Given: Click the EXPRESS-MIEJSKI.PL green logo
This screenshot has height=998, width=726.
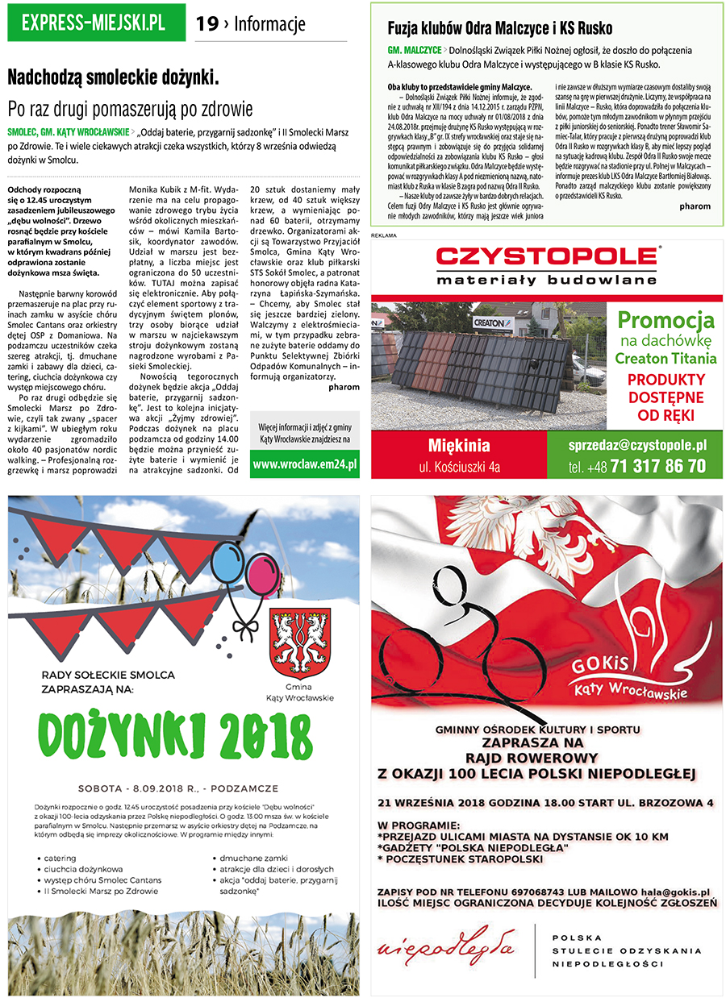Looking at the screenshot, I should pyautogui.click(x=93, y=23).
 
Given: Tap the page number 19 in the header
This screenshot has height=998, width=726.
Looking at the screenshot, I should pyautogui.click(x=207, y=24).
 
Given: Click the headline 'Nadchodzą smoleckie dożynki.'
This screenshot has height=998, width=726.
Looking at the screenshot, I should pyautogui.click(x=113, y=77).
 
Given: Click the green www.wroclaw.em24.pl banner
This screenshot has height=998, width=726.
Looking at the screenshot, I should pyautogui.click(x=304, y=465).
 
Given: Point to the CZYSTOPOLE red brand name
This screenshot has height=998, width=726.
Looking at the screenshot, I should pyautogui.click(x=548, y=257).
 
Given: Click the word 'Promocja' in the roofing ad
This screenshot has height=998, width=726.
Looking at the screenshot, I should pyautogui.click(x=665, y=319).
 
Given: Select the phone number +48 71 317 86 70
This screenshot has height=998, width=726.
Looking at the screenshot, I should pyautogui.click(x=636, y=466).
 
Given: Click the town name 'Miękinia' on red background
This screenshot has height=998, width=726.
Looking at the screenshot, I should pyautogui.click(x=459, y=445).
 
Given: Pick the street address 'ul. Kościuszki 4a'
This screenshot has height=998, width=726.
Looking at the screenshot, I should pyautogui.click(x=459, y=466).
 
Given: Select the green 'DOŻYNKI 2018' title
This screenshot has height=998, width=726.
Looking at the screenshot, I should pyautogui.click(x=174, y=734).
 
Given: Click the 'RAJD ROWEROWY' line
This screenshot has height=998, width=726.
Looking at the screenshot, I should pyautogui.click(x=532, y=758).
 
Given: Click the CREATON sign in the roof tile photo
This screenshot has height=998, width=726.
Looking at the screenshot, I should pyautogui.click(x=489, y=322).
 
